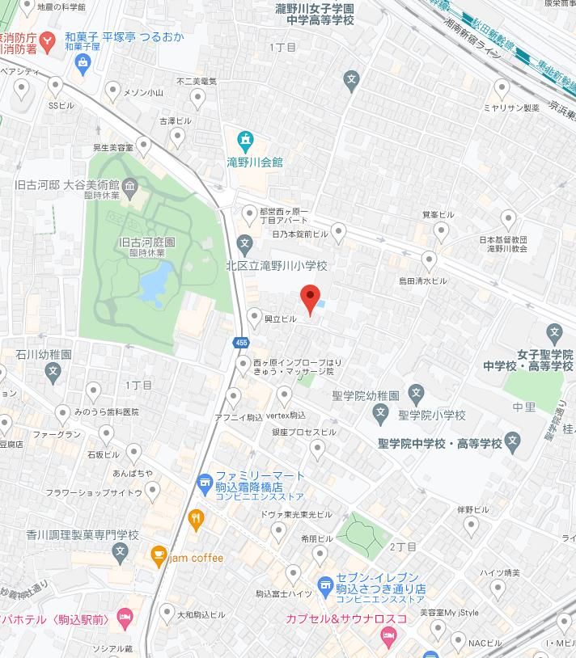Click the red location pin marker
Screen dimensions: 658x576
(311, 297)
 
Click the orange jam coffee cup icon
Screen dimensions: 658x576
(159, 557)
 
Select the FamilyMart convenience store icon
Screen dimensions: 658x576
(204, 483)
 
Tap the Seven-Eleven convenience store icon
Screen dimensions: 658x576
(325, 584)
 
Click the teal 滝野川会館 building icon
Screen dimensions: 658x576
(245, 139)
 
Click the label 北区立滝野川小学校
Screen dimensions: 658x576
(276, 265)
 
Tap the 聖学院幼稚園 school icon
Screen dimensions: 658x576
(416, 394)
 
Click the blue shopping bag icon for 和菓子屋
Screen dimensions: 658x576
(82, 61)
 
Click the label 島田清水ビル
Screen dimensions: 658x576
(421, 280)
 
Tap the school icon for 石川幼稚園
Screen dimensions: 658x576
(53, 373)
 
